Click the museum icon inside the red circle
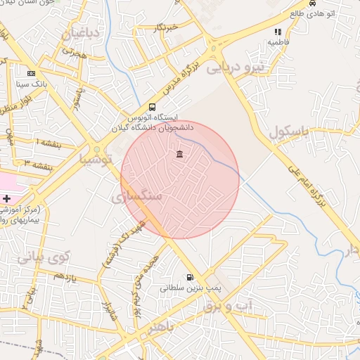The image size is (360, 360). point(179,154)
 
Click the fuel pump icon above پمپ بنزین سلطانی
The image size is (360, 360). point(190,278)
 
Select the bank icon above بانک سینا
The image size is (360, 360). point(31,73)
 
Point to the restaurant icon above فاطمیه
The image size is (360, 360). point(278,32)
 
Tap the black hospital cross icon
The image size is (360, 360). point(7,199)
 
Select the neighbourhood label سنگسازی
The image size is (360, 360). point(136,196)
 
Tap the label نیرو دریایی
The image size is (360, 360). point(260,67)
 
